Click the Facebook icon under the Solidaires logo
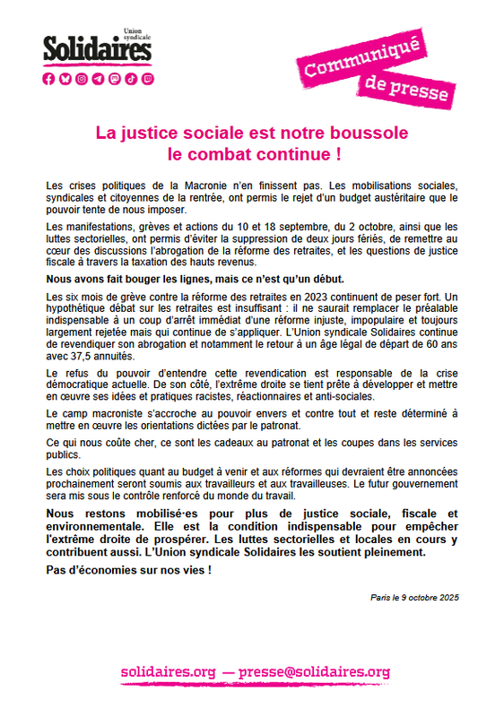(50, 79)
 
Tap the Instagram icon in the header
(83, 79)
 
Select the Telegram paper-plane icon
(99, 79)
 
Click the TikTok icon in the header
(131, 79)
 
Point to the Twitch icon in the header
(147, 79)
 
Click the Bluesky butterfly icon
(66, 79)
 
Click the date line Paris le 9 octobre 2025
(413, 597)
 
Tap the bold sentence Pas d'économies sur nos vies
(128, 571)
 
